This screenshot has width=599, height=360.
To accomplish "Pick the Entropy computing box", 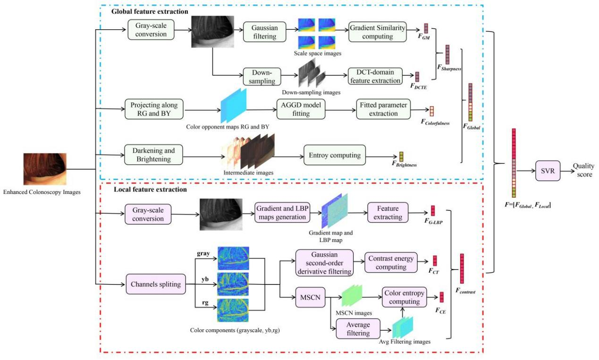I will pyautogui.click(x=335, y=155).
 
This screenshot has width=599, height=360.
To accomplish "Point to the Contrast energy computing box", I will pyautogui.click(x=391, y=262).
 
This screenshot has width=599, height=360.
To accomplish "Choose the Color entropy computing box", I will pyautogui.click(x=404, y=297).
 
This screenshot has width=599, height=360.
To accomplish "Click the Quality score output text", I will pyautogui.click(x=583, y=170).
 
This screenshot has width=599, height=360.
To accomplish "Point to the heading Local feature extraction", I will pyautogui.click(x=150, y=190).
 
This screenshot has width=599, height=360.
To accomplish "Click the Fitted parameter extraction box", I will pyautogui.click(x=383, y=109).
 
